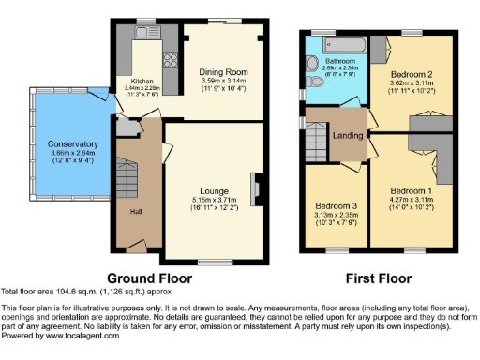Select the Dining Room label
coord(222,71)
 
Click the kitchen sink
coord(146,31)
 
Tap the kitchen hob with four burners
coord(172,62)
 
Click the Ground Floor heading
coord(150,278)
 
